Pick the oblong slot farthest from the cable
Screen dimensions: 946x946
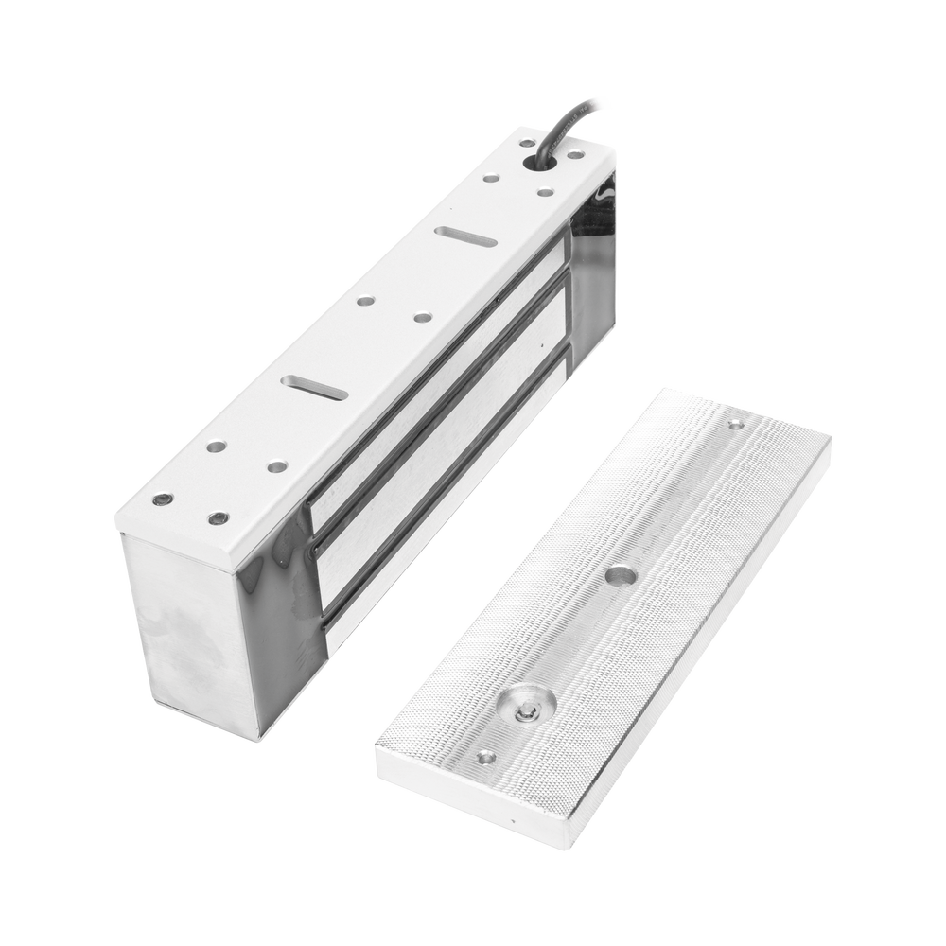coord(313,387)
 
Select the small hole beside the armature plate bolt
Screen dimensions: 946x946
coord(485,757)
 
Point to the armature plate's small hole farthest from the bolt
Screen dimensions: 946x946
coord(735,425)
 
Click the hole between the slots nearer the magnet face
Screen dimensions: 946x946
coord(422,318)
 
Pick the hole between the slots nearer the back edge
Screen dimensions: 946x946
coord(364,303)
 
